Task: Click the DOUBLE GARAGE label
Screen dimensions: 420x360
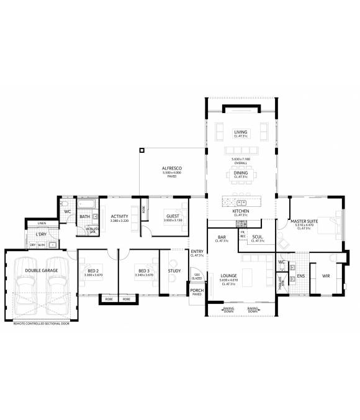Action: pyautogui.click(x=42, y=271)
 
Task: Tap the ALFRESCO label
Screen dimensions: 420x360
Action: pyautogui.click(x=171, y=168)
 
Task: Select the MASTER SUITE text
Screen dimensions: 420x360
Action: pyautogui.click(x=304, y=221)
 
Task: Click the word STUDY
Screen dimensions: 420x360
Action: pyautogui.click(x=174, y=271)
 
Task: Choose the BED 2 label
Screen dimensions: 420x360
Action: pyautogui.click(x=94, y=271)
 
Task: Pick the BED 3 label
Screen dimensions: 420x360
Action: pyautogui.click(x=144, y=271)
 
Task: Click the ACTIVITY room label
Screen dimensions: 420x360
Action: pyautogui.click(x=119, y=217)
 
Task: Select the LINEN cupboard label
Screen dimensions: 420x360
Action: pyautogui.click(x=42, y=223)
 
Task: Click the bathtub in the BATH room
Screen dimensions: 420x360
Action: pyautogui.click(x=86, y=204)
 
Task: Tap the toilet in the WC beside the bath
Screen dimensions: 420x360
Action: pyautogui.click(x=65, y=204)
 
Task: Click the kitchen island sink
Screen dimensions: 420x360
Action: pyautogui.click(x=242, y=202)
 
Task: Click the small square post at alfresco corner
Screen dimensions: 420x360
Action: pyautogui.click(x=142, y=150)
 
